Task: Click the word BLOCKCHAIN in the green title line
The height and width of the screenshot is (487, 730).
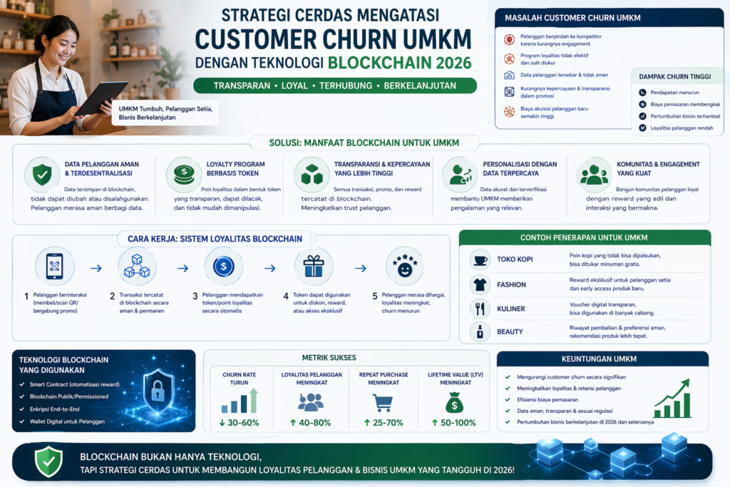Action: coord(379,63)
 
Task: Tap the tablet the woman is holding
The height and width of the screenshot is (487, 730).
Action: coord(102,98)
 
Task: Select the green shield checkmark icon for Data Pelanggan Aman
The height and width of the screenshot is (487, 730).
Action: coord(42,175)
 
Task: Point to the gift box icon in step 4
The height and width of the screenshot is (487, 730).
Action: coord(314,266)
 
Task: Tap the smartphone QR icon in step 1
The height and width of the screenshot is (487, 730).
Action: coord(54,266)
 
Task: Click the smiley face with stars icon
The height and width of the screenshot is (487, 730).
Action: coord(405,266)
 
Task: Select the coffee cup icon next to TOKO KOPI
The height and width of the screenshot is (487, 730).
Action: coord(480,260)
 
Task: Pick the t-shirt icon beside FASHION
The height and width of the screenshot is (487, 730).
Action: coord(480,284)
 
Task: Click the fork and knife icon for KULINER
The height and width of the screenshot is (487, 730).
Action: coord(480,308)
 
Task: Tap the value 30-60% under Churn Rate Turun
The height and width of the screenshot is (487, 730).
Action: coord(240,423)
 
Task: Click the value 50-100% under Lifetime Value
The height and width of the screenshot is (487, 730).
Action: coord(454,423)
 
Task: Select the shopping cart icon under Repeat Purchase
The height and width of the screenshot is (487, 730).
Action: coord(383,403)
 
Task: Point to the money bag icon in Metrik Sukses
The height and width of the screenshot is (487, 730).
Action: coord(454,402)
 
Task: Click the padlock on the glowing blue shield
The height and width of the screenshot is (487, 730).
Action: coord(158,390)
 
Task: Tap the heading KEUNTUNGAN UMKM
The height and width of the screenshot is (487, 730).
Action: coord(599,359)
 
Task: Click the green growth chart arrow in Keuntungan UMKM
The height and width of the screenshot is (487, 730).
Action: coord(673,399)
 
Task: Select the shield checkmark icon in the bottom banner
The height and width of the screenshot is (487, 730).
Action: coord(49,461)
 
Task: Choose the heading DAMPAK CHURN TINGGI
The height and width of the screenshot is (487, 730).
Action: coord(674,76)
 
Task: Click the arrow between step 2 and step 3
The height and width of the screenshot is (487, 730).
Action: coord(183,268)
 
